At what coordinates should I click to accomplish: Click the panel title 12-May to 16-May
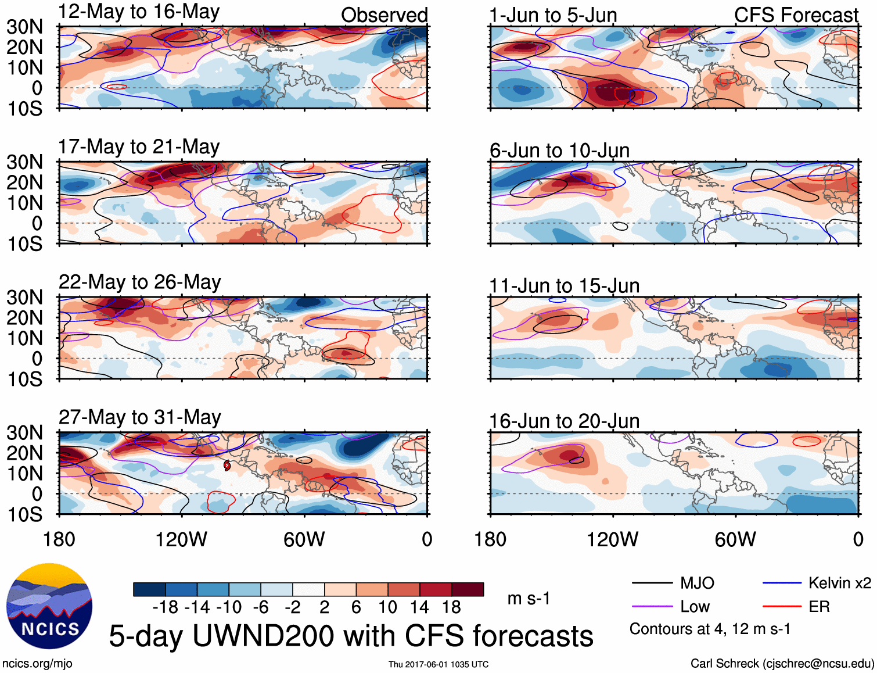point(139,12)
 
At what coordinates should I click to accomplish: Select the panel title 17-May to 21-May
point(139,147)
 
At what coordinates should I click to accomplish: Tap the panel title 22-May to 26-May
point(139,282)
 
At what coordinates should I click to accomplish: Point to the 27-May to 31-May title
point(139,418)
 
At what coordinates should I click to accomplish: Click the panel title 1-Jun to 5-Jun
point(553,15)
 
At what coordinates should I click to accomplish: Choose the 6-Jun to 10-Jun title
point(559,151)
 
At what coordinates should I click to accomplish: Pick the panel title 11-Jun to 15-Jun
point(564,286)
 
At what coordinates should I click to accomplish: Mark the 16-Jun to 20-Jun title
point(564,421)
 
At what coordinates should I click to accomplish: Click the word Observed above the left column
point(384,15)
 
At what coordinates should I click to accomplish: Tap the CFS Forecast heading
point(796,15)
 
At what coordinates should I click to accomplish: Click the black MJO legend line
point(652,583)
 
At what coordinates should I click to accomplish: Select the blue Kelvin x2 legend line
point(782,583)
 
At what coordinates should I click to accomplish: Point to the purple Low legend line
point(652,607)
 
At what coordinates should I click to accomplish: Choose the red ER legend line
point(782,607)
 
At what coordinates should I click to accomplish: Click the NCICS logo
point(49,606)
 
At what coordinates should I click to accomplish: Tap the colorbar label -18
point(166,608)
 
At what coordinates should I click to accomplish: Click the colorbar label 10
point(387,608)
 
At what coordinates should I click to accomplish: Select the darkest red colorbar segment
point(468,589)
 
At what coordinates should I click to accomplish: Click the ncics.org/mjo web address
point(37,664)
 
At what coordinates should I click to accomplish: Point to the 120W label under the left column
point(181,539)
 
